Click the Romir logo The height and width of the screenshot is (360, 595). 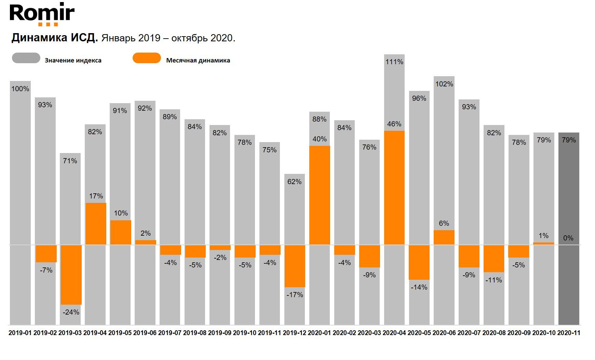coord(42,14)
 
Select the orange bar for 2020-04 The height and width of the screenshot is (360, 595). coord(394,188)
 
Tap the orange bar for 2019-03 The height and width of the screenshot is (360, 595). coord(71,275)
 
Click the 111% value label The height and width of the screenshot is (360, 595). coord(394,62)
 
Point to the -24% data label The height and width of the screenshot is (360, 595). coord(71,312)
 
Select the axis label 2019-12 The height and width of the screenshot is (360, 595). coord(295,333)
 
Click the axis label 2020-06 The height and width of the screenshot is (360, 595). coord(444,333)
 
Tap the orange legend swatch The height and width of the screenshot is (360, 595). coord(147,58)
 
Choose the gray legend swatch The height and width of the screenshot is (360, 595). coord(26,58)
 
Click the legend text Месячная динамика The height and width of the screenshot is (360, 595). coord(198,60)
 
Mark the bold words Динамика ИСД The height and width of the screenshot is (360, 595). coord(55,38)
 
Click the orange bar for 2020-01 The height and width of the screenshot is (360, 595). coord(320,195)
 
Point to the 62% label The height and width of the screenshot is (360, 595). coord(294,182)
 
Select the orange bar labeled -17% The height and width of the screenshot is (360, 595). coord(295,266)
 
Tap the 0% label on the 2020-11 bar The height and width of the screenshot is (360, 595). coord(568,238)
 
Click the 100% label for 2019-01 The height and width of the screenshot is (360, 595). coord(20,89)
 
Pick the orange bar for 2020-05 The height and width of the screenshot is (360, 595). coord(419,262)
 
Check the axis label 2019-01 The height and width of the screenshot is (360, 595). coord(20,333)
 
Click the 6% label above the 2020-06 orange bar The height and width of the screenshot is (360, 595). coord(444,223)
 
